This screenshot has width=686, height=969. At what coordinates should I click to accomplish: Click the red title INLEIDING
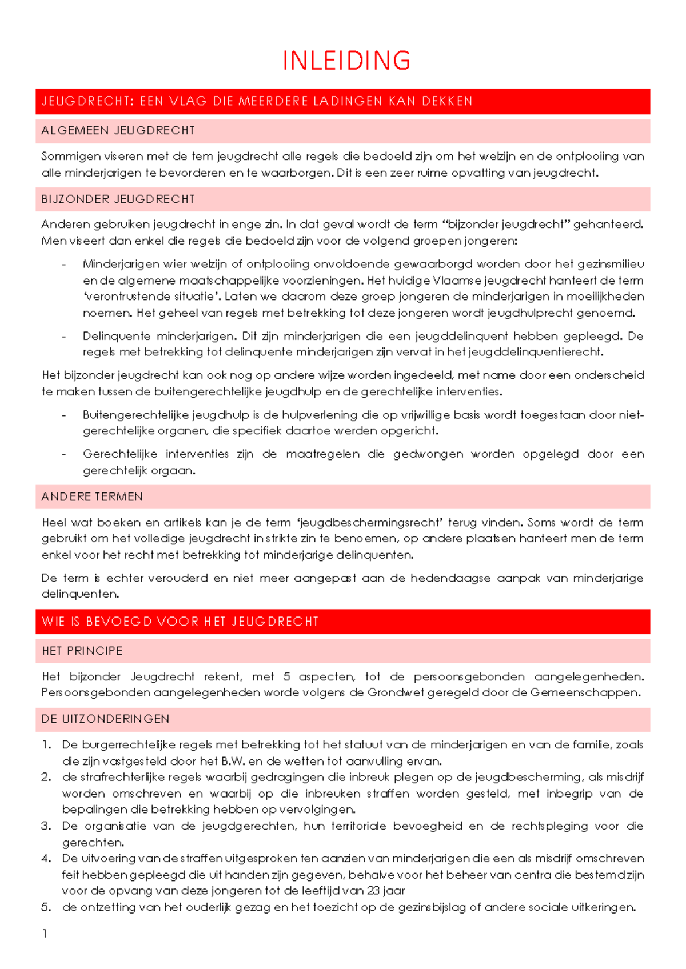pos(346,61)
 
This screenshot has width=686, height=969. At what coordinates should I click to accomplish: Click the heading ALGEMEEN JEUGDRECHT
pos(118,131)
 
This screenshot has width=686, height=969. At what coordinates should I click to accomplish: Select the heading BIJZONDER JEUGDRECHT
pos(118,199)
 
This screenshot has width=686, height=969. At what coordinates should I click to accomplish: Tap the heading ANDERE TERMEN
pos(92,496)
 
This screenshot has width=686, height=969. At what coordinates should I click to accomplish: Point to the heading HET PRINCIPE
pos(82,651)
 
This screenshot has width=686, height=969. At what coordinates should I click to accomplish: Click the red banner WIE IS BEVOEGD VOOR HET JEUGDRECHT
pos(180,622)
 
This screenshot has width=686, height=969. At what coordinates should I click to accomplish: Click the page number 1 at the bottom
pos(45,934)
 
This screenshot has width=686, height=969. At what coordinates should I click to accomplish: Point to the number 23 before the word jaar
pos(374,890)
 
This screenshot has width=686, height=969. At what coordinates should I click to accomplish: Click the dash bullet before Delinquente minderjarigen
pos(63,336)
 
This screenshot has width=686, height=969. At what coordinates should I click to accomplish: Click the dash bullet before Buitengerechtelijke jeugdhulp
pos(63,415)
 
